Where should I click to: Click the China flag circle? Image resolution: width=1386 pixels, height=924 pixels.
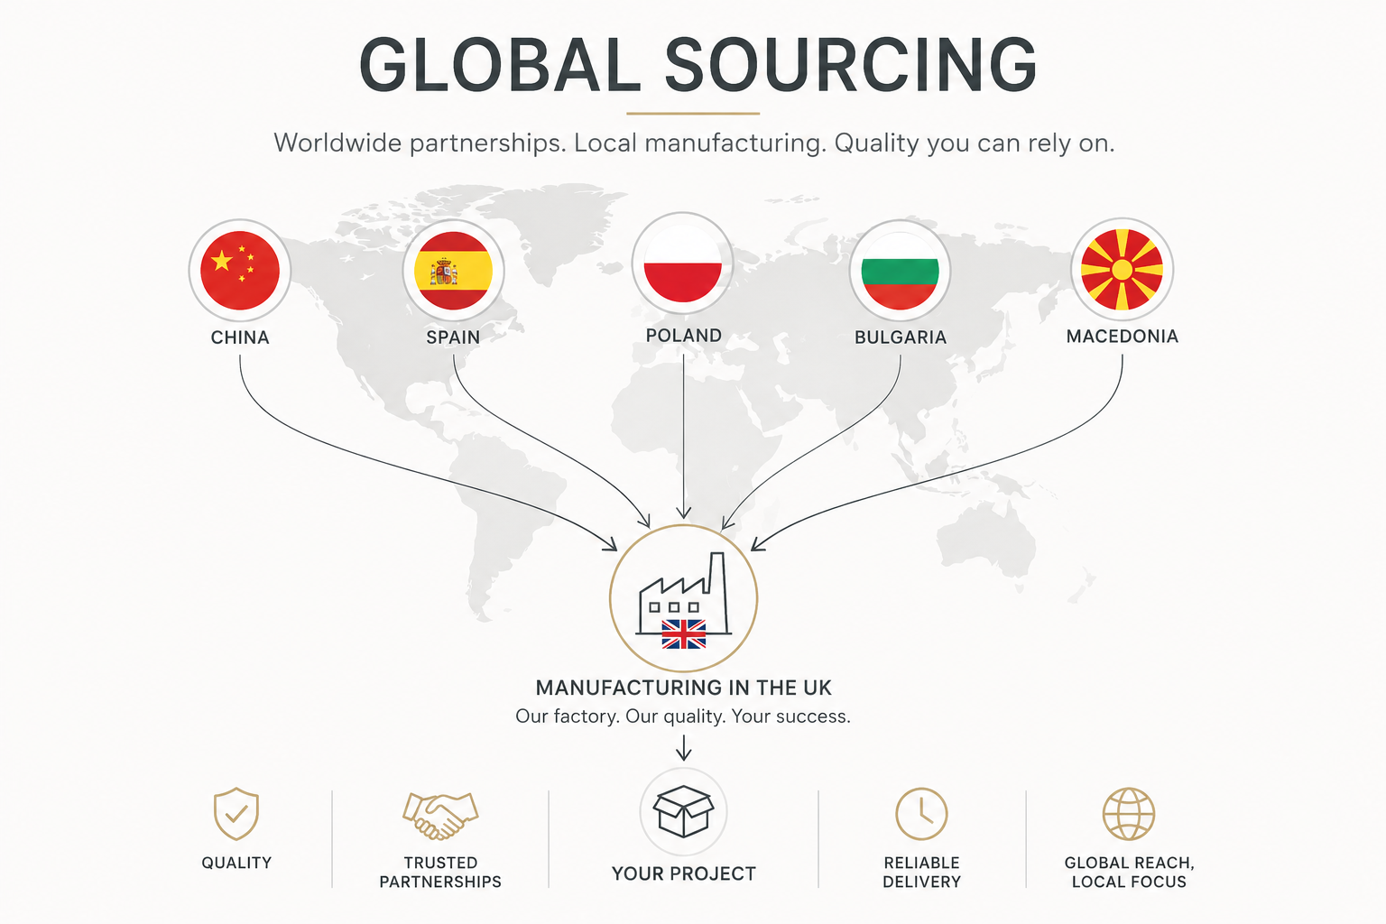[x=240, y=271]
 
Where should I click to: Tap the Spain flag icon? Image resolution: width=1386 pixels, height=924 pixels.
[x=454, y=271]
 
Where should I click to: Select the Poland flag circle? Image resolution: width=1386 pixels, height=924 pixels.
[x=683, y=263]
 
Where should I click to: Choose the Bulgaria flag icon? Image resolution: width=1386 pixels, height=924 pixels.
[x=901, y=271]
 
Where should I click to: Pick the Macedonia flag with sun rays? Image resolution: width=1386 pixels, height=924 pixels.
[x=1122, y=269]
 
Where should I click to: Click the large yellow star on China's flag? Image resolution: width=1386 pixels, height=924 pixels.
[x=221, y=261]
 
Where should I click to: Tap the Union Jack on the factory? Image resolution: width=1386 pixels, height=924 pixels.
[x=684, y=634]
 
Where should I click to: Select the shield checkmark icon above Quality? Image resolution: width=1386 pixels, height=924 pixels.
[x=236, y=814]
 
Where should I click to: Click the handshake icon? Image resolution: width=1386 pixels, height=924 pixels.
[x=440, y=816]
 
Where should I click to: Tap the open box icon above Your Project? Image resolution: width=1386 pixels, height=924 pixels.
[x=684, y=811]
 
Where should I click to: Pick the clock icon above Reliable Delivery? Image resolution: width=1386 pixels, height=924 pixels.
[x=921, y=814]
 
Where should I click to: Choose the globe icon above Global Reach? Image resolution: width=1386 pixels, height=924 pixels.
[x=1129, y=814]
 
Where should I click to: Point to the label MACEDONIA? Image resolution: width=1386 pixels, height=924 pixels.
[x=1123, y=337]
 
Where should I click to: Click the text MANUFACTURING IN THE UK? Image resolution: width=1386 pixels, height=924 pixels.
[x=684, y=688]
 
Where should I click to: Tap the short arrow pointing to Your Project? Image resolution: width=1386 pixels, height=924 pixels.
[x=684, y=748]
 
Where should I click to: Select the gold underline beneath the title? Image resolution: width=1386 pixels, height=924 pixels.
[x=693, y=114]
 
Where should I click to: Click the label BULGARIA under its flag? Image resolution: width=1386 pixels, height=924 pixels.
[x=901, y=337]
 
